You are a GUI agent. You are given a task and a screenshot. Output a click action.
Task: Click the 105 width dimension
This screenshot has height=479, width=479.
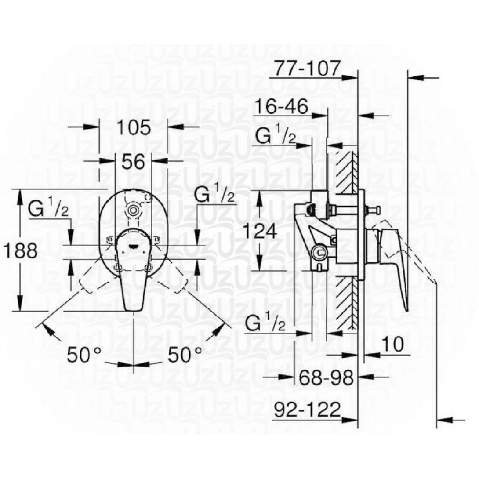pyautogui.click(x=134, y=127)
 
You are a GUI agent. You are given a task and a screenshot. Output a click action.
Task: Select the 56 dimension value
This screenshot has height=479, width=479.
pyautogui.click(x=133, y=162)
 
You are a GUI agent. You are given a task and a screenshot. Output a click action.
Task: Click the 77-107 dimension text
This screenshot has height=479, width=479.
pyautogui.click(x=307, y=68)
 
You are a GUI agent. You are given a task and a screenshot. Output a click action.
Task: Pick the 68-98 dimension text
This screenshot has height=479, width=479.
pyautogui.click(x=326, y=377)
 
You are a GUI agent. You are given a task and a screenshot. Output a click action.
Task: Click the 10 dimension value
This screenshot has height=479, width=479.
pyautogui.click(x=392, y=345)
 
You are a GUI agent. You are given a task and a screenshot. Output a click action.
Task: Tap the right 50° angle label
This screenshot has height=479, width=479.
pyautogui.click(x=185, y=354)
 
